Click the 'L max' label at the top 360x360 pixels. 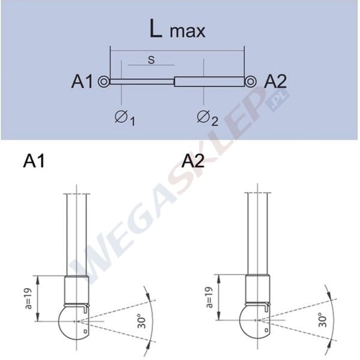[178, 30]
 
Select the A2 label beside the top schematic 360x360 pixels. [276, 82]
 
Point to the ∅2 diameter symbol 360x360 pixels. [207, 118]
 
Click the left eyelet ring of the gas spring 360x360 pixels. [104, 82]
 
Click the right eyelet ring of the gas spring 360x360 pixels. [251, 82]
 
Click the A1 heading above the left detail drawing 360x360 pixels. [35, 161]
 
